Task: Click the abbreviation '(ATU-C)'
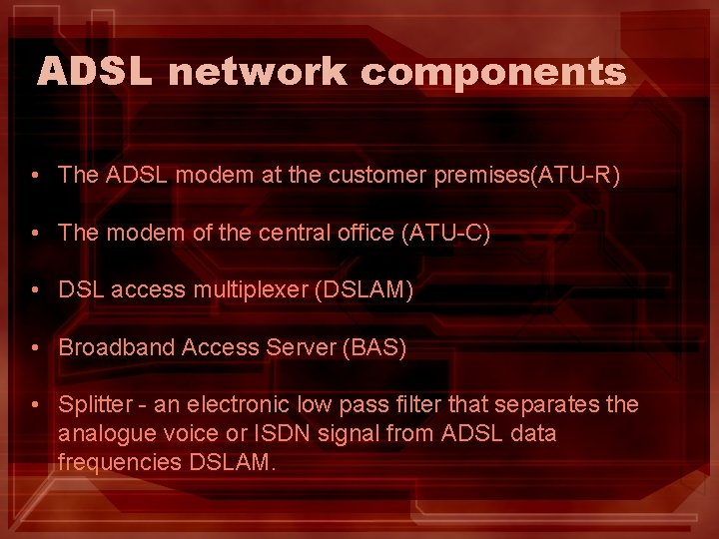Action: point(446,235)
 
